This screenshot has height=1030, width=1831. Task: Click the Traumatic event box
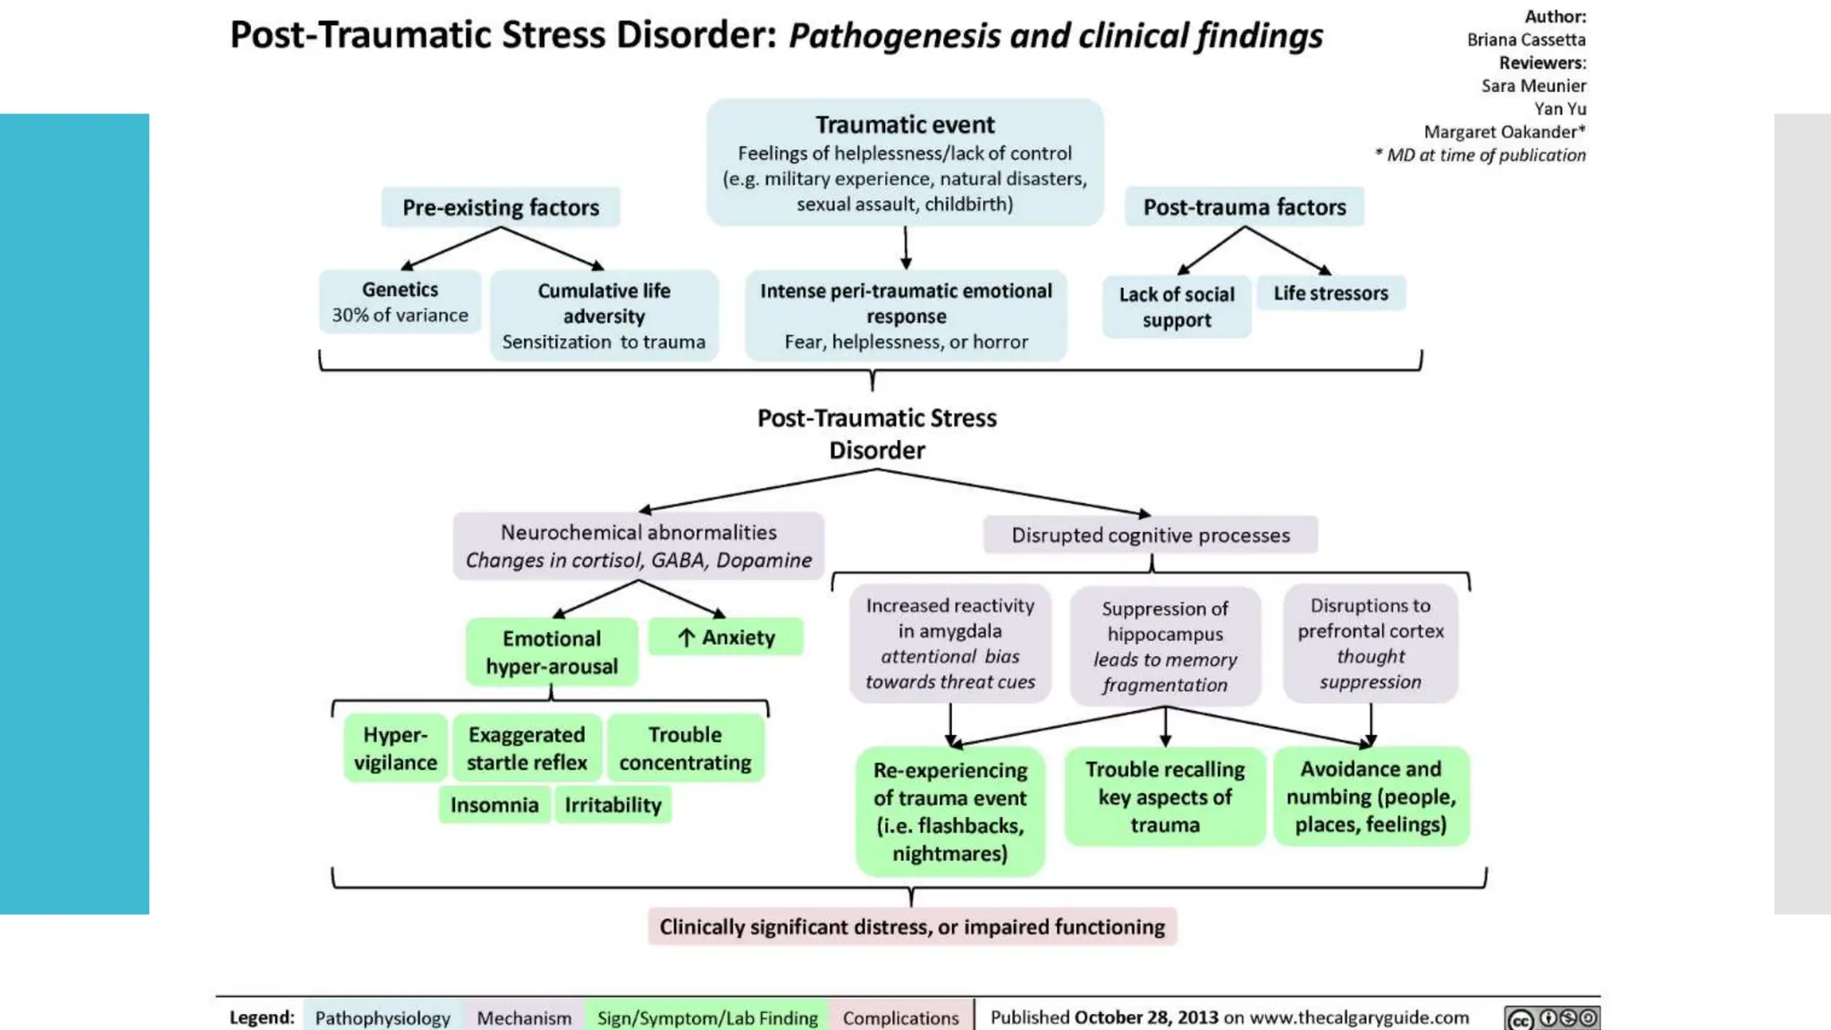[905, 163]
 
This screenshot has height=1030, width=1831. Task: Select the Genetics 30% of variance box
[400, 302]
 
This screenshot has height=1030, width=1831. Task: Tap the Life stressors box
[1330, 293]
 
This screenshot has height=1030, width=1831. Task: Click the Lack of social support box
[1176, 307]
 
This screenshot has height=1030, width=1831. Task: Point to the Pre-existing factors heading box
[501, 207]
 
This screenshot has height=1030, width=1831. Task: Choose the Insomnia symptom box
[494, 805]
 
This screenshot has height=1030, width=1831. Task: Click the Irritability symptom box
[612, 805]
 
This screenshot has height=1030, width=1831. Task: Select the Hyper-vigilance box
[395, 748]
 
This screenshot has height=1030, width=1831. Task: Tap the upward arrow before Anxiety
[686, 637]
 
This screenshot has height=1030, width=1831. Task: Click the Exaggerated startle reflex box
[527, 748]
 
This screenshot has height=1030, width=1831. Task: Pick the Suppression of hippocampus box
[1165, 646]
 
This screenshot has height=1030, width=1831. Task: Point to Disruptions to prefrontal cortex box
[1371, 644]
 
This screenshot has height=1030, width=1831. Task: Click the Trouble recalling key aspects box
[1165, 797]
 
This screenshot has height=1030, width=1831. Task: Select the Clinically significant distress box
[912, 927]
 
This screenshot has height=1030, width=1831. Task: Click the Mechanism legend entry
[524, 1017]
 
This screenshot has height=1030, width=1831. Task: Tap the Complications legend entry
[900, 1017]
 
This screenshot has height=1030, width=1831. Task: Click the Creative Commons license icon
[1552, 1018]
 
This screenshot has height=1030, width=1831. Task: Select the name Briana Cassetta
[1526, 39]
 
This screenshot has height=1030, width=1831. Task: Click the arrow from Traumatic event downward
[906, 248]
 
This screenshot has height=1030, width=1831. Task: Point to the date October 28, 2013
[1146, 1017]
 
